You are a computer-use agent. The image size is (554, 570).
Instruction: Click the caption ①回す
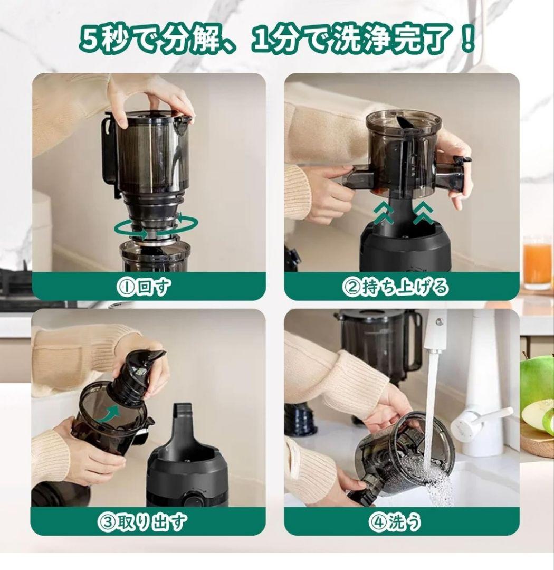click(x=144, y=287)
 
